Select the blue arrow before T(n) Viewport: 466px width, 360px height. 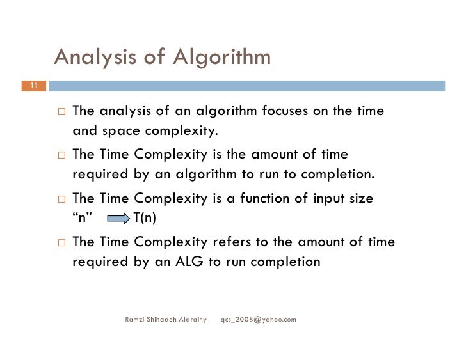point(118,219)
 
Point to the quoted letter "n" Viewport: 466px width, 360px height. point(83,219)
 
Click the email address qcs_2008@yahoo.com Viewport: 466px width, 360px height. point(258,318)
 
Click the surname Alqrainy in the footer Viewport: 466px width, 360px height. point(191,318)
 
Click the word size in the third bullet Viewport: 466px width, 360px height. point(360,198)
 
